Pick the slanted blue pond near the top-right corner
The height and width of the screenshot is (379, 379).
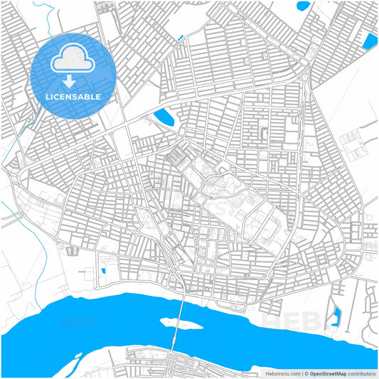pyautogui.click(x=370, y=41)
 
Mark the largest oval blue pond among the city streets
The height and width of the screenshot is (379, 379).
pyautogui.click(x=164, y=116)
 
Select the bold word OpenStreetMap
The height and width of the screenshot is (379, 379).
pyautogui.click(x=326, y=373)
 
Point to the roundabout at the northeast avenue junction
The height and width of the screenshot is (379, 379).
pyautogui.click(x=304, y=76)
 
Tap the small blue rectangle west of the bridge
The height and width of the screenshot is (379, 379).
pyautogui.click(x=103, y=271)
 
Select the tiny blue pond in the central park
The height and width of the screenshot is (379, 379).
pyautogui.click(x=210, y=196)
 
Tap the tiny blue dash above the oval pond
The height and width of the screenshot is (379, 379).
pyautogui.click(x=181, y=37)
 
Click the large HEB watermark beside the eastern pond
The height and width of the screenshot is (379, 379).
pyautogui.click(x=284, y=320)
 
